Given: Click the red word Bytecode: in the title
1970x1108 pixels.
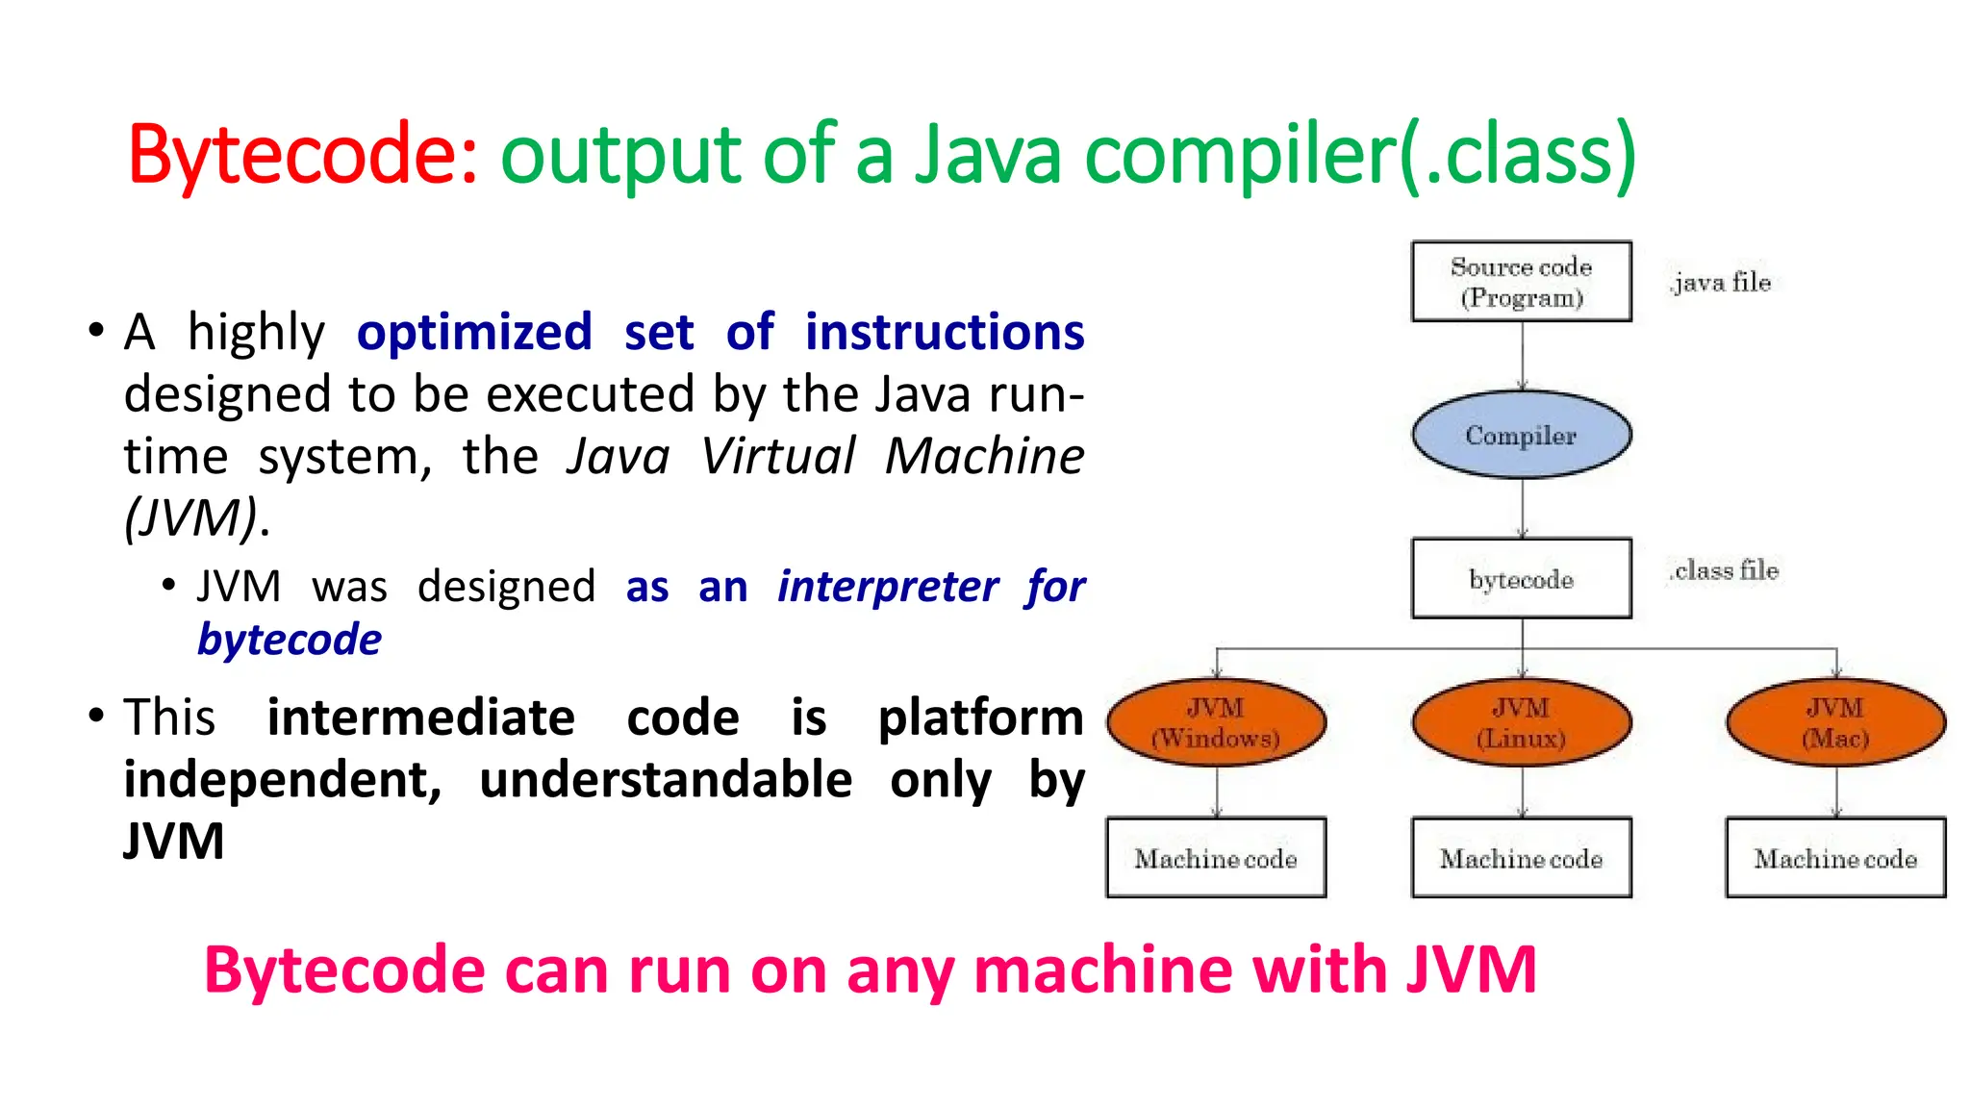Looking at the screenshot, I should [302, 154].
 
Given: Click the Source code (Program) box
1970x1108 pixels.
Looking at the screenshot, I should [1521, 281].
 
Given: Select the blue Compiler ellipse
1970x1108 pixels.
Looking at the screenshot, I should [1521, 435].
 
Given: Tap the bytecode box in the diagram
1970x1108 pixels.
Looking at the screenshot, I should [1521, 578].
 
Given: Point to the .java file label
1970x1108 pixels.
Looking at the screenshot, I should [1720, 282].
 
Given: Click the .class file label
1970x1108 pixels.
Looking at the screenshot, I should [1724, 570].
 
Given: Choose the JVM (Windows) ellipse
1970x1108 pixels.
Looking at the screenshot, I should [1216, 722].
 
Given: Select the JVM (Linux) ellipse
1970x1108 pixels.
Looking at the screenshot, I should [1521, 722].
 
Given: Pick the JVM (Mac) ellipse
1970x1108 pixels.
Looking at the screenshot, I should [1835, 722].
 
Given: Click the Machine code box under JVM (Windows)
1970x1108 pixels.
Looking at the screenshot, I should [1216, 858].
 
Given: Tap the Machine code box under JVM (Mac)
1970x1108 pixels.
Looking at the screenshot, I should [1835, 858].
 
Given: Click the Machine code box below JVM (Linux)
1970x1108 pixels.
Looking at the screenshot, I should [1521, 858].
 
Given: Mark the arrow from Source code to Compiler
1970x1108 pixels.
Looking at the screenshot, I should [1522, 355].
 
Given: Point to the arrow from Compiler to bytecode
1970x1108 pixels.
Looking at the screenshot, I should [1522, 508].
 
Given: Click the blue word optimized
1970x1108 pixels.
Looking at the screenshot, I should [474, 333].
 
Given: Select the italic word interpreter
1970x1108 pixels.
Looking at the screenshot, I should [888, 586].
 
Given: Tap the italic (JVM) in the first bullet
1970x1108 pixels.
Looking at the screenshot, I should [192, 517].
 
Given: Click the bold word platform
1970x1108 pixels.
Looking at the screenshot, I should [980, 718].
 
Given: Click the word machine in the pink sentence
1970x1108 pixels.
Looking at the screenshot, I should [1102, 969].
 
